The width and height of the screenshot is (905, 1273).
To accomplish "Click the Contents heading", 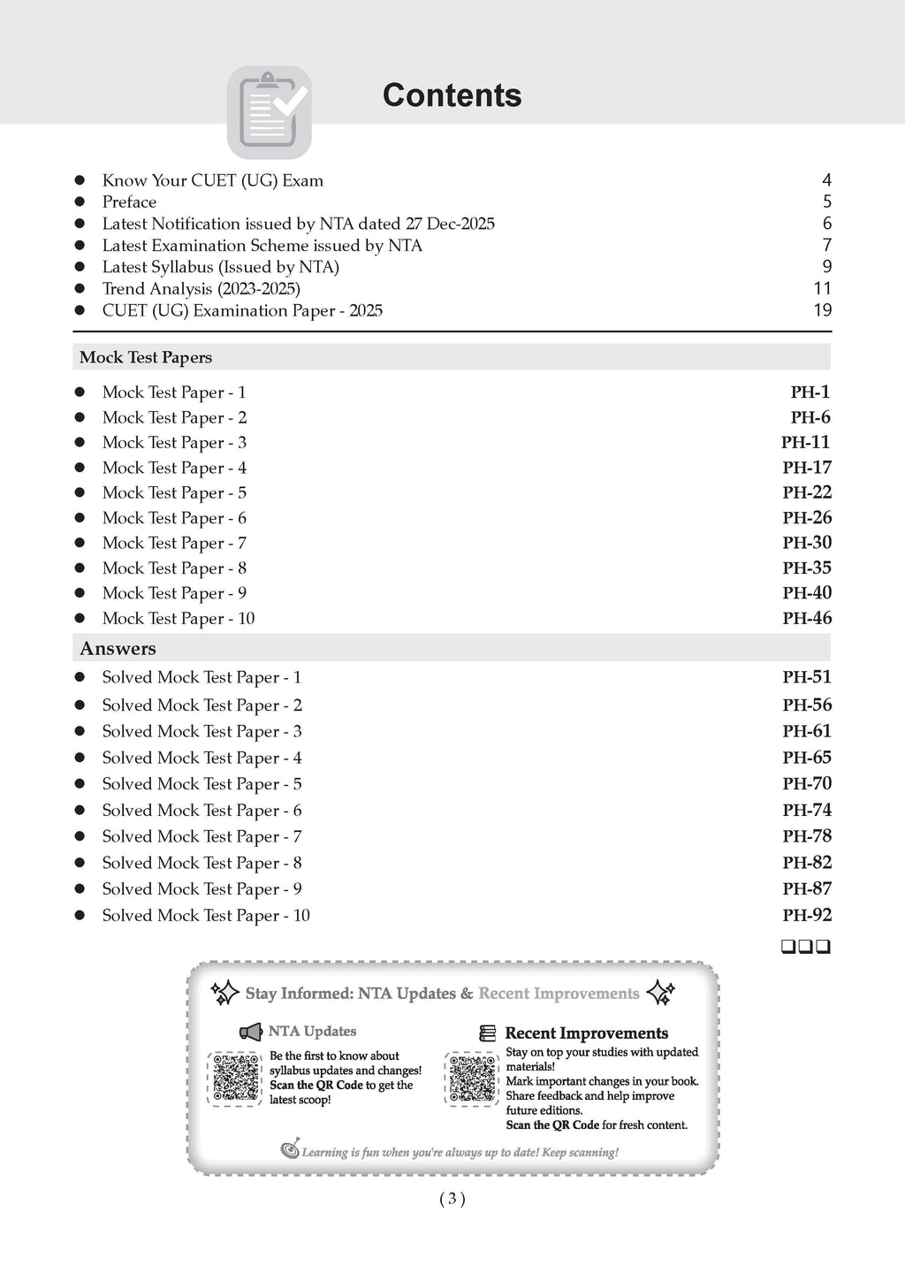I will point(452,95).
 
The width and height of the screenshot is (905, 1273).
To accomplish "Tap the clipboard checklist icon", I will point(270,112).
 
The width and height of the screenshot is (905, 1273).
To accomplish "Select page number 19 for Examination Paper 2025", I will point(822,310).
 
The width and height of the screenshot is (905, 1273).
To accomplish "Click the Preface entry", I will point(129,202).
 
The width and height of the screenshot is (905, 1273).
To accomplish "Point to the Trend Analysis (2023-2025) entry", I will point(201,289).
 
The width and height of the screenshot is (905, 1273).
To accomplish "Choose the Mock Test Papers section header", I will point(146,357).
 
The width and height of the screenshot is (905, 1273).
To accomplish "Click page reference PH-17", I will point(806,468).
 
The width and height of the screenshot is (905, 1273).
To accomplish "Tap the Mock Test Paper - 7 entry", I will point(174,544).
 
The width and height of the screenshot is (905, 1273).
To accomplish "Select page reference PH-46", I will point(806,619).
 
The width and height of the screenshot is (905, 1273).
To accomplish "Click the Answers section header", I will point(118,649).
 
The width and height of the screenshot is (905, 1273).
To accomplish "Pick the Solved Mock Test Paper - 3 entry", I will point(202,732).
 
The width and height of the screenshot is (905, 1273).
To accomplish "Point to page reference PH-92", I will point(806,916).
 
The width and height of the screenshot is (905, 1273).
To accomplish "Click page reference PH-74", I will point(806,811).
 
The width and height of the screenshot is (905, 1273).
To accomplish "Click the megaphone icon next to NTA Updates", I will point(251,1032).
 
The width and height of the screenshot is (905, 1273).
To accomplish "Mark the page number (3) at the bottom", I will point(452,1200).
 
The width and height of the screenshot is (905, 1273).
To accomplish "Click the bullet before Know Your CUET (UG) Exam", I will point(80,180).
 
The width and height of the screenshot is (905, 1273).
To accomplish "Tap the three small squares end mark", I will point(805,948).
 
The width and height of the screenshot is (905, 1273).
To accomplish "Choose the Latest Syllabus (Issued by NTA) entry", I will point(220,267).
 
